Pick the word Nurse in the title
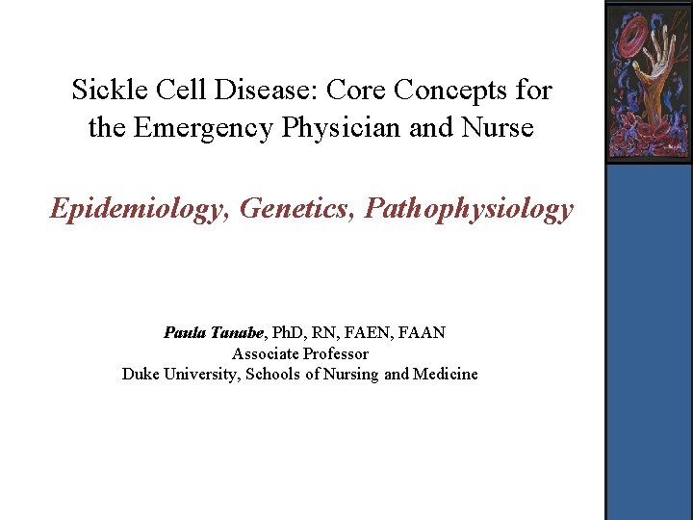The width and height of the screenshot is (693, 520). [x=497, y=127]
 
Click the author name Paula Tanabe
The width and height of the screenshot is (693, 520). [x=213, y=333]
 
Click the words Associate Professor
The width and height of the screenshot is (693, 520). [x=299, y=353]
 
